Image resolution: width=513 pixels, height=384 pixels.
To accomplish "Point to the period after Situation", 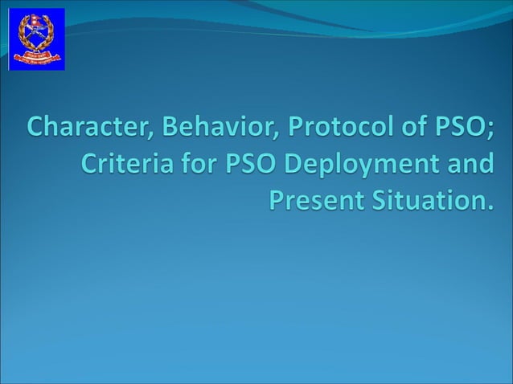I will click(486, 206).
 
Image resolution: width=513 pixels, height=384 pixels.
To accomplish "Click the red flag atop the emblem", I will click(36, 24).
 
